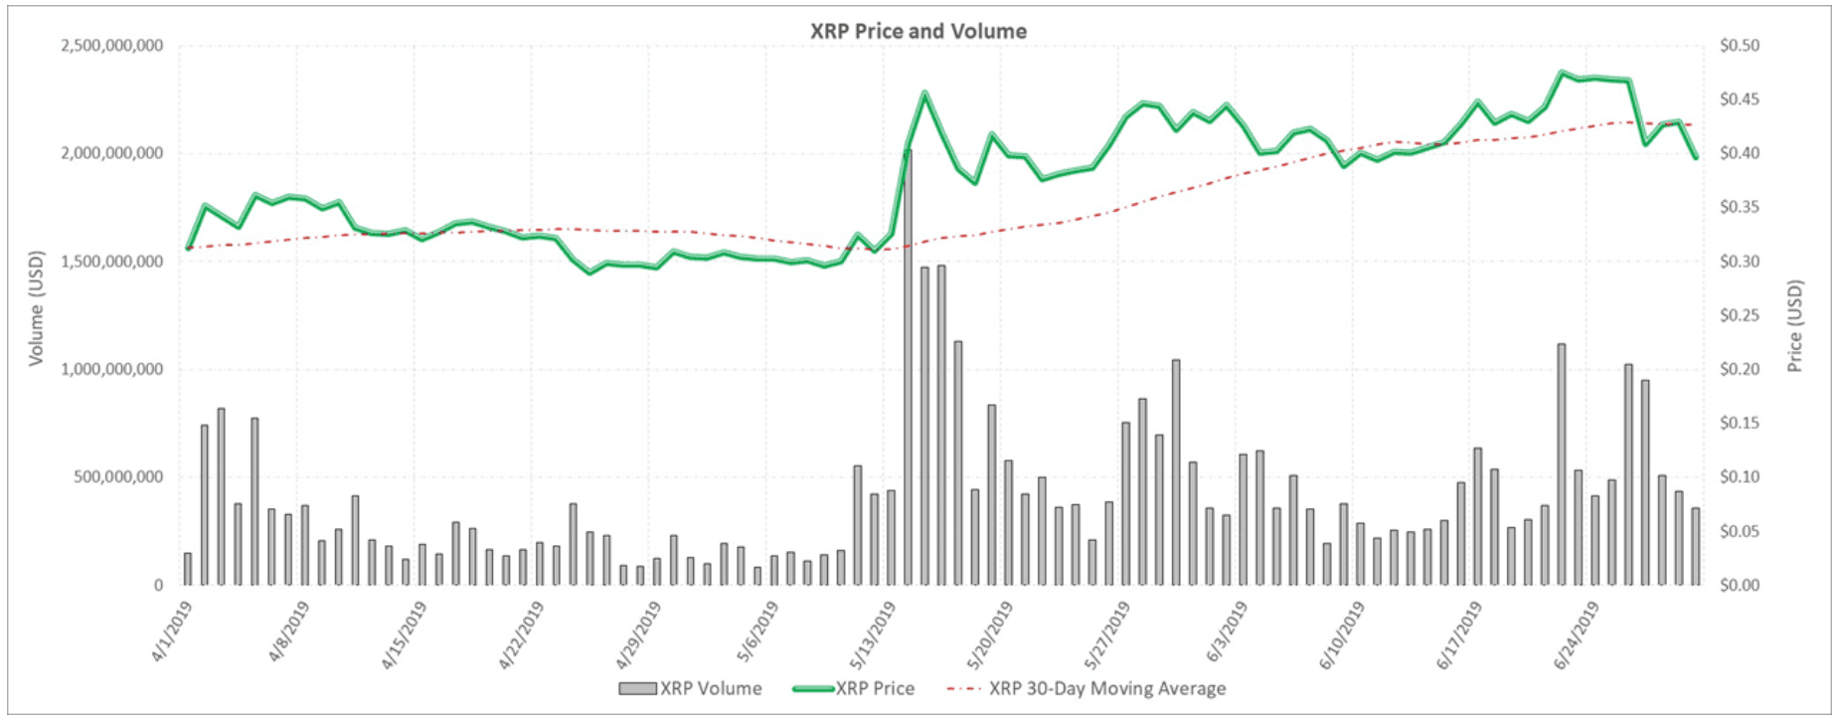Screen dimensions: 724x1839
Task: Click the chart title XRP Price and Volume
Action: [918, 31]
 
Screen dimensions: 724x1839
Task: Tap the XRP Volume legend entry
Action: [690, 688]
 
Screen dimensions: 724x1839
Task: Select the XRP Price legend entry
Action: [854, 688]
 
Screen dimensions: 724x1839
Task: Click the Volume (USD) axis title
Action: [37, 307]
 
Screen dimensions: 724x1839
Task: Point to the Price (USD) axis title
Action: [1794, 326]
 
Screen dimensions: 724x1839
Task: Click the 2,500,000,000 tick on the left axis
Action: [112, 46]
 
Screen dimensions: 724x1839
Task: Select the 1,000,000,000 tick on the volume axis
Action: [112, 369]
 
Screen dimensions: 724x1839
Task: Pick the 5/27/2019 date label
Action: [1105, 635]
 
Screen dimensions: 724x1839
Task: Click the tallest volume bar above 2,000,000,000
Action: [907, 368]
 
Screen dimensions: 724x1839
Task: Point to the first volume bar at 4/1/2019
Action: [188, 569]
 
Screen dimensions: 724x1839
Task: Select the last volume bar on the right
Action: [1696, 547]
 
